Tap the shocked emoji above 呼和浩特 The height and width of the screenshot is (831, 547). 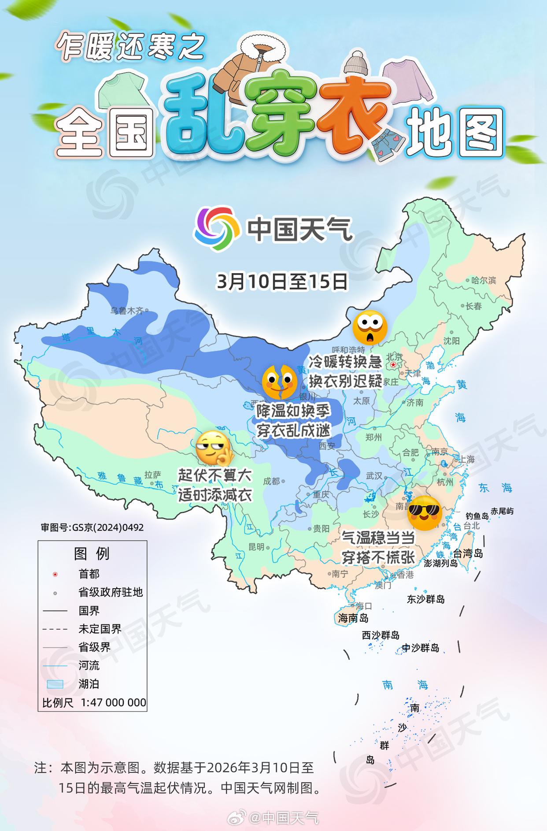[x=370, y=327]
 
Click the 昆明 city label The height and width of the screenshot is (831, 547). [x=256, y=547]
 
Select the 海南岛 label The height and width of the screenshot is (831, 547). [x=353, y=618]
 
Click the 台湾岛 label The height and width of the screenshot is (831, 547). [x=468, y=553]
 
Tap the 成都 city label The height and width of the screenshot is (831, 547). [x=271, y=481]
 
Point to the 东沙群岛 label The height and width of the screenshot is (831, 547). [x=425, y=599]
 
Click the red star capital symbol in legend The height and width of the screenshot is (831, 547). [x=55, y=574]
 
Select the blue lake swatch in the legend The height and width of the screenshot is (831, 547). [x=55, y=684]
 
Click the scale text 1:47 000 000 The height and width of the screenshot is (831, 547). [x=113, y=702]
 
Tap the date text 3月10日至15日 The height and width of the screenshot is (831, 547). [x=282, y=282]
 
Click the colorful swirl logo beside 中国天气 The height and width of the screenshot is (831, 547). [x=214, y=228]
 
